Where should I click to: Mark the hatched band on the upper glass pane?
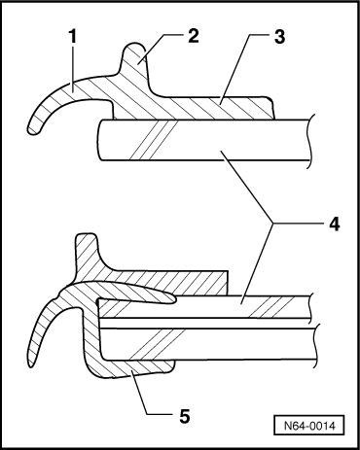tap(156, 141)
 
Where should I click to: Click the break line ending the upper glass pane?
tap(309, 141)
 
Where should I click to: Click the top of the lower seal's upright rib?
tap(86, 238)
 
